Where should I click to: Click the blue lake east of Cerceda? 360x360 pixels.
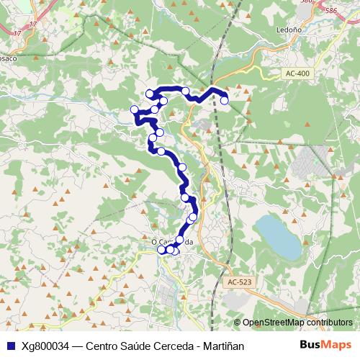coord(279,236)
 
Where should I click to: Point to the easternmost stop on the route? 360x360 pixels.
coord(224,100)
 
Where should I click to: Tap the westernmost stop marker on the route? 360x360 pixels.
coord(134,109)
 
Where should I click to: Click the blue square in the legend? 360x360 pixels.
coord(10,346)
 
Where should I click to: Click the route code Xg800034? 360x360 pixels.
coord(48,346)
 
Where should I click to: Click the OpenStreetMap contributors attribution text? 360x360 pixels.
coord(297,323)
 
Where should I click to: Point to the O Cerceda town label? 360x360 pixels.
coord(172,242)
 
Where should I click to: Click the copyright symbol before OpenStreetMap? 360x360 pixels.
coord(238,323)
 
